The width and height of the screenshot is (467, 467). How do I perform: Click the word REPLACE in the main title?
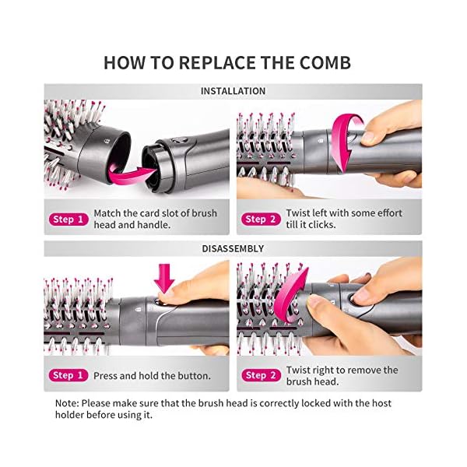212,62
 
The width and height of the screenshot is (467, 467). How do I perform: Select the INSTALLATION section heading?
233,91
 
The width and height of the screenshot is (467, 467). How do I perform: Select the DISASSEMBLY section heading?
233,248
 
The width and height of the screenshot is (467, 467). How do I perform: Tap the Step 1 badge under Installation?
68,219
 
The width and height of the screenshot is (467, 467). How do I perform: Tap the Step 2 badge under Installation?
261,219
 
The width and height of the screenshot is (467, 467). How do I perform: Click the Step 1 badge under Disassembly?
68,375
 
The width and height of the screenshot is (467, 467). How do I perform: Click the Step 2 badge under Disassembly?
261,375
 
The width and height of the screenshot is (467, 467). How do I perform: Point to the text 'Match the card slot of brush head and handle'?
155,219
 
